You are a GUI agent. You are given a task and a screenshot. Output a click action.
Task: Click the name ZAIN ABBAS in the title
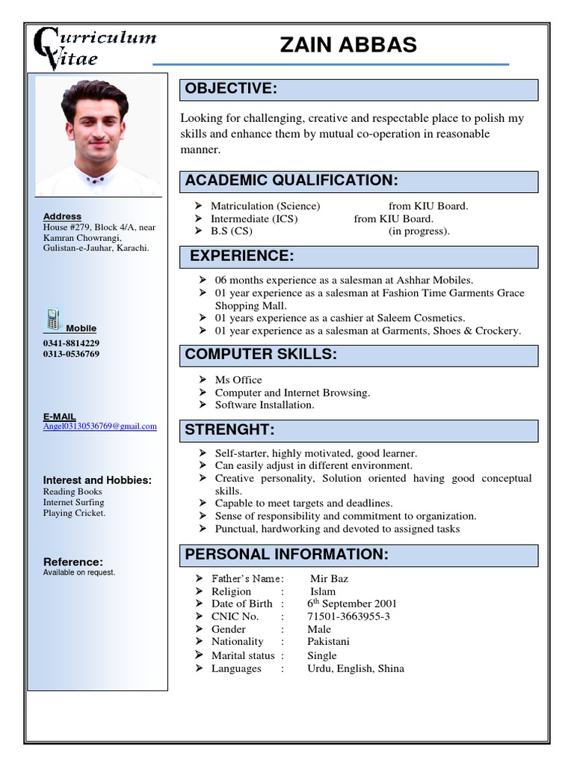(348, 45)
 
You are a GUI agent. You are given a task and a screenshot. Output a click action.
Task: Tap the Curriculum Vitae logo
(94, 49)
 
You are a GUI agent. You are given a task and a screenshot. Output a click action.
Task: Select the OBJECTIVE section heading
(232, 89)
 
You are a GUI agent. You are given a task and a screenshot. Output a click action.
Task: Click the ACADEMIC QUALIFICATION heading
(291, 180)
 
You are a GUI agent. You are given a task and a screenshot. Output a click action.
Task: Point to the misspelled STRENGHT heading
(229, 429)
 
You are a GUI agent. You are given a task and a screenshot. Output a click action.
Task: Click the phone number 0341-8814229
(71, 343)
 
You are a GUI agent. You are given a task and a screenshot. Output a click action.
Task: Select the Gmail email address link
(99, 426)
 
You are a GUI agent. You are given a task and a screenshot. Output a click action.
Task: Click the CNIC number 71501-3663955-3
(348, 616)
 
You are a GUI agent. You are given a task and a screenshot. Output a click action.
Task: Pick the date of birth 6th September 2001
(352, 604)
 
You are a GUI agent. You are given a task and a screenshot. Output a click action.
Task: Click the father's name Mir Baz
(329, 578)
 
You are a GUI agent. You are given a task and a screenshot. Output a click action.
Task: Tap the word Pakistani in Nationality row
(328, 641)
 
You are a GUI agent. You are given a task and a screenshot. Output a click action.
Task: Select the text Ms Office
(238, 380)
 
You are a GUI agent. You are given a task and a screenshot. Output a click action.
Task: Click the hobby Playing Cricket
(74, 513)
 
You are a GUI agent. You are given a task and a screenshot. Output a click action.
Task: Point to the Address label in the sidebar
(62, 216)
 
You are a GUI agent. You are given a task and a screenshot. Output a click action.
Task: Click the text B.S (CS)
(232, 231)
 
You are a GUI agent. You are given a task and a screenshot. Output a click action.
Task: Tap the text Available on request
(79, 572)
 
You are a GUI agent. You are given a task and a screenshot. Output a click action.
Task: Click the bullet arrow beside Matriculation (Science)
(198, 206)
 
